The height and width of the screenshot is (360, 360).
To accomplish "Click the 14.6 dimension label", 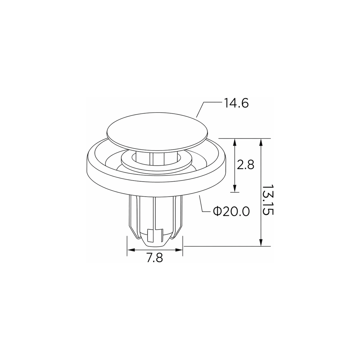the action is click(x=236, y=103).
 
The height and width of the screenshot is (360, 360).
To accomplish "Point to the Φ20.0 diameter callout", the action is click(x=231, y=211).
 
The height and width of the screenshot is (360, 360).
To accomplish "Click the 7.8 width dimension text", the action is click(x=155, y=258).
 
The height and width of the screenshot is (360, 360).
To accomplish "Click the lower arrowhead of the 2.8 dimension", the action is click(x=235, y=188).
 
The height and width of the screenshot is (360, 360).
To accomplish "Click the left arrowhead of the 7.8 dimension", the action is click(x=131, y=250).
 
